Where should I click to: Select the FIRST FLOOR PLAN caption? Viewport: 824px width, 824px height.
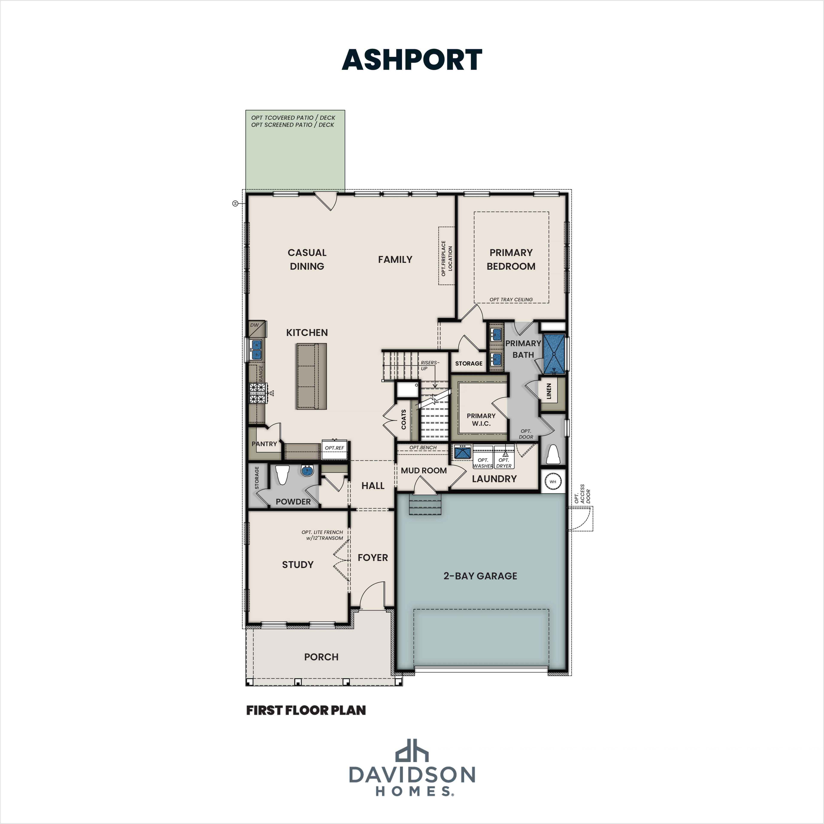306,710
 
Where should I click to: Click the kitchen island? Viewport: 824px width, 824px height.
311,376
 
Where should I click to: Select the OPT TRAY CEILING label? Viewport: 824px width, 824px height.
511,299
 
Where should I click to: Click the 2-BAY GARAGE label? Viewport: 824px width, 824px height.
480,576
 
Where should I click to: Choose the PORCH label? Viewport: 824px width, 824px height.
321,657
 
